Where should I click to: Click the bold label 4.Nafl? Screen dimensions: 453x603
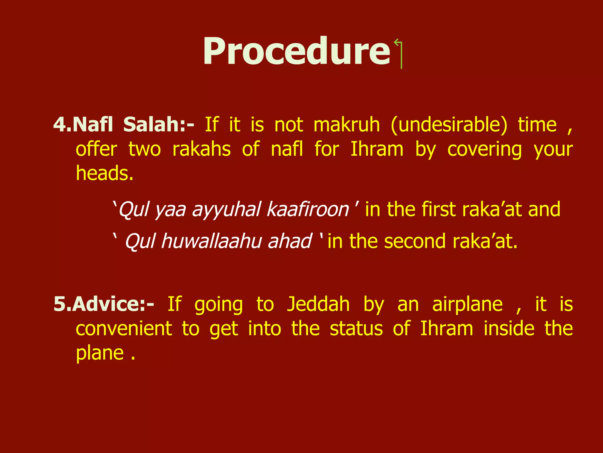pos(83,124)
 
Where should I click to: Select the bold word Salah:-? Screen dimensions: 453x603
pos(159,124)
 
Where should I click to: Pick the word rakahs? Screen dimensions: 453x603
pos(201,149)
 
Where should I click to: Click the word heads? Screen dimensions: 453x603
pos(105,173)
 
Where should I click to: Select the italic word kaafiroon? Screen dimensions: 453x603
pos(308,209)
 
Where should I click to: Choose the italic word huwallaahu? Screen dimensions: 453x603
pos(211,241)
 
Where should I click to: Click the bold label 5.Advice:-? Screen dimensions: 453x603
pos(104,304)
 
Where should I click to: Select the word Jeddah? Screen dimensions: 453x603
pos(318,304)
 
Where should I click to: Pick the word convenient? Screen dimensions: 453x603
pos(124,329)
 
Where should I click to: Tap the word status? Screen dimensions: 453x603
pos(356,329)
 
